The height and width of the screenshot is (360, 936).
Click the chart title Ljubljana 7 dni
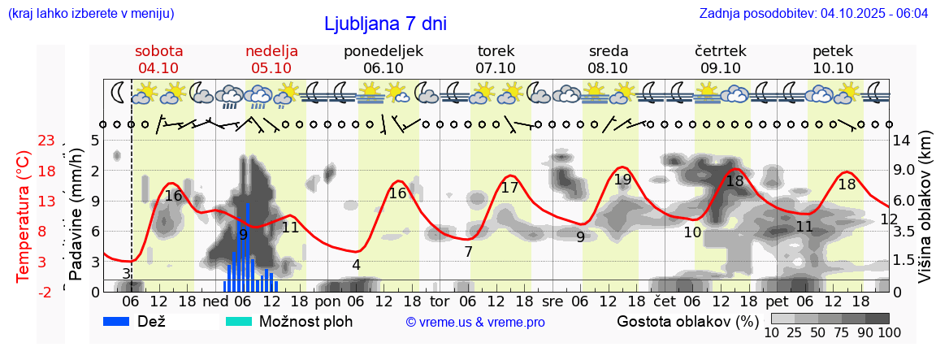click(x=385, y=24)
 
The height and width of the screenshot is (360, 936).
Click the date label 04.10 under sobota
click(x=158, y=67)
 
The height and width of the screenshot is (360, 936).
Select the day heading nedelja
click(x=271, y=50)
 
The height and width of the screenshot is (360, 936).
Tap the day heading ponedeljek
click(x=383, y=50)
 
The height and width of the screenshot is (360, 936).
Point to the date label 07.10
click(x=496, y=67)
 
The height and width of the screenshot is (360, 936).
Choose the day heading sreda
click(x=609, y=50)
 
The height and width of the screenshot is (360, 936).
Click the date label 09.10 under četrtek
click(x=720, y=67)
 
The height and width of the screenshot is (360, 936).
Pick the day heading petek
click(x=833, y=50)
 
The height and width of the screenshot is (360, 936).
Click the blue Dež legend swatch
click(x=122, y=321)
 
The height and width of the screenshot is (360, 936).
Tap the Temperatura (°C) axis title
click(x=24, y=215)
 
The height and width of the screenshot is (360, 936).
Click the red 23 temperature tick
click(x=46, y=141)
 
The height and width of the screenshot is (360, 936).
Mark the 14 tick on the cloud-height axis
click(x=901, y=141)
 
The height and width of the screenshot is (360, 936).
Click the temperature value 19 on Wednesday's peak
click(x=622, y=180)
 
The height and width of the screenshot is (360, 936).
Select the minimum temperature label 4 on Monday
click(x=356, y=264)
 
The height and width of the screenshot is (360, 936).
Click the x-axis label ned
click(x=215, y=301)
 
